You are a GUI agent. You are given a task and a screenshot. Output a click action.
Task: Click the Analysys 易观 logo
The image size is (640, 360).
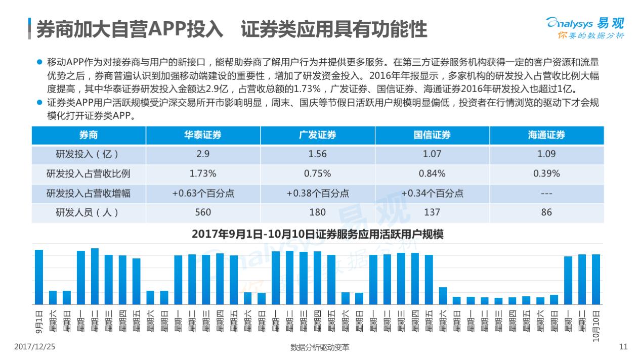pos(585,27)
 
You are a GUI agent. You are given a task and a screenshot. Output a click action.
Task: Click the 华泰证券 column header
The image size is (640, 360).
pos(203,135)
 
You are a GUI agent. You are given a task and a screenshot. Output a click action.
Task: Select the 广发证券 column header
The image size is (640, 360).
pos(317,135)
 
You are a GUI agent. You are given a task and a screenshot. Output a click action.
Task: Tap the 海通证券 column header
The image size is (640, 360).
pos(546,135)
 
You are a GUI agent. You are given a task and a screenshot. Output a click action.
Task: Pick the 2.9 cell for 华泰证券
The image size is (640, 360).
pos(203,154)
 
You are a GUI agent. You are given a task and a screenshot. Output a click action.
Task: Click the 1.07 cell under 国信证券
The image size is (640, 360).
pos(432,154)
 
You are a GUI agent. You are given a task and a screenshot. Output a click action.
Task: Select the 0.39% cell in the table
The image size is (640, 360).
pos(546,173)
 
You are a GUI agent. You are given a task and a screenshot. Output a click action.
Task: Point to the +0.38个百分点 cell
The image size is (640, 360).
pos(317,193)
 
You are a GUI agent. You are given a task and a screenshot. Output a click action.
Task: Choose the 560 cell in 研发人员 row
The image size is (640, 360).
pos(203,212)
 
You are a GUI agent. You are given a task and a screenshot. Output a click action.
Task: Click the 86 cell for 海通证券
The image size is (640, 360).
pos(546,212)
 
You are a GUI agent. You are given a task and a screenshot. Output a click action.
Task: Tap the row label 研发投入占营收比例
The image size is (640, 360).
pos(89,173)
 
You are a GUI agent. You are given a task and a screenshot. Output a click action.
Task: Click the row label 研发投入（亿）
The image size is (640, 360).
pos(89,154)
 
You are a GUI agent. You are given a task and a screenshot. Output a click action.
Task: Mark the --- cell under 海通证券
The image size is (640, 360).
pos(546,193)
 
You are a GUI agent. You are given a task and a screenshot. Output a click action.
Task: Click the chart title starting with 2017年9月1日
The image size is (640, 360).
pos(317,235)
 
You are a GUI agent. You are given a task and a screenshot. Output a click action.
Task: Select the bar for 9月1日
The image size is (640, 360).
pos(39,277)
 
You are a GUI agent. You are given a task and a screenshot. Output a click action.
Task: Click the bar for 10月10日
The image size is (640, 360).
pos(596,279)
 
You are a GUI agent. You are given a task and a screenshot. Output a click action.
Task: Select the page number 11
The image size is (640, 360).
pos(623,347)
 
